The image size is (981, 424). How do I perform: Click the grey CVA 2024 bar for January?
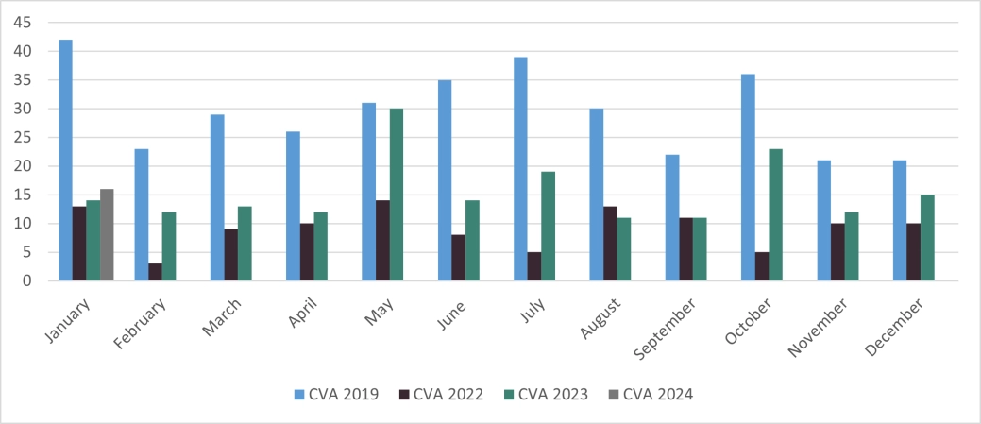[107, 235]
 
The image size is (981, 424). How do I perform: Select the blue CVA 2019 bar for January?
[65, 161]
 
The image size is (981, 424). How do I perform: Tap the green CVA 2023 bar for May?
[397, 195]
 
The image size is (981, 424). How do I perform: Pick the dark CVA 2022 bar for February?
[155, 272]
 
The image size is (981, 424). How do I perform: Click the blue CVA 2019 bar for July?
[520, 169]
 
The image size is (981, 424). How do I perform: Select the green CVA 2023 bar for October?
[776, 214]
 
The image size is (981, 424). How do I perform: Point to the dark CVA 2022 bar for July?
[534, 266]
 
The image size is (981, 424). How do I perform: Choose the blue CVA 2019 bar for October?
[748, 178]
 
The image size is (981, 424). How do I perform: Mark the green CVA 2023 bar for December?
[927, 238]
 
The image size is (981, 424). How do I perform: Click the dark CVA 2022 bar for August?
[610, 244]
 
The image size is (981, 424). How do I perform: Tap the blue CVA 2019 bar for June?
[445, 180]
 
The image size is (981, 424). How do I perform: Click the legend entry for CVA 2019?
[336, 394]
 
